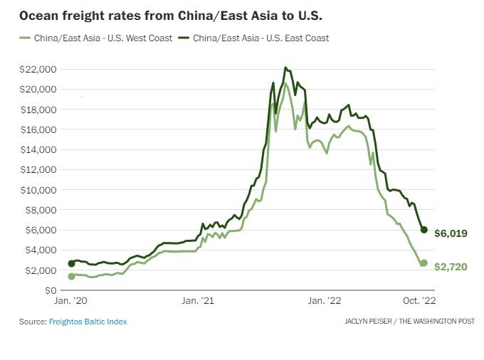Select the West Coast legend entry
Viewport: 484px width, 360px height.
(98, 38)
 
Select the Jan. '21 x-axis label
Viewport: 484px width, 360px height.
(197, 302)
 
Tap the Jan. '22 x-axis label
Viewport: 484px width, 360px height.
(325, 302)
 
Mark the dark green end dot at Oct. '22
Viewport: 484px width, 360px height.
(424, 230)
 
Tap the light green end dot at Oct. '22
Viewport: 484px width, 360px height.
(424, 263)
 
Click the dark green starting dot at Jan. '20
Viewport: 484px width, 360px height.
(71, 263)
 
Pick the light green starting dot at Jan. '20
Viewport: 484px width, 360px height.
(71, 276)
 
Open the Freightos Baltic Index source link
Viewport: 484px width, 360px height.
(88, 322)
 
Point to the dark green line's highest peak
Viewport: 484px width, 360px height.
(285, 68)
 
